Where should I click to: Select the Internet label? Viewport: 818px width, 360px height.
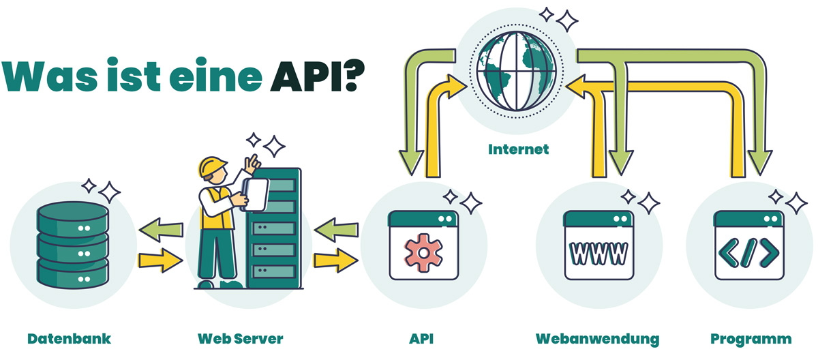pyautogui.click(x=518, y=149)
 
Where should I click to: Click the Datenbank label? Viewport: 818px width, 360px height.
pyautogui.click(x=69, y=338)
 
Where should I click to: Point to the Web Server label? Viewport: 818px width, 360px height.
pyautogui.click(x=240, y=338)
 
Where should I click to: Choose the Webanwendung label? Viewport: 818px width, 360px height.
pyautogui.click(x=597, y=338)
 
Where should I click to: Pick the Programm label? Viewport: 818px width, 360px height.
pyautogui.click(x=751, y=338)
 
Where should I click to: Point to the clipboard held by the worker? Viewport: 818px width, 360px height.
pyautogui.click(x=256, y=194)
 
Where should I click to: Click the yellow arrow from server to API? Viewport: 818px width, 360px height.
pyautogui.click(x=336, y=259)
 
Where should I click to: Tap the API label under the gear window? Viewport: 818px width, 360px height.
pyautogui.click(x=423, y=338)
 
